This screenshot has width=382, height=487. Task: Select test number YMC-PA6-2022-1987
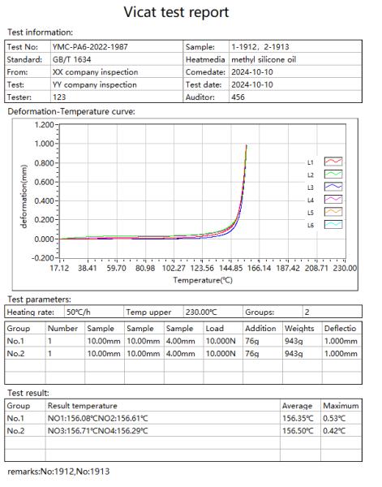tap(92, 48)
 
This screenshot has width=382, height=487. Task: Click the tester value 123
tap(58, 95)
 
